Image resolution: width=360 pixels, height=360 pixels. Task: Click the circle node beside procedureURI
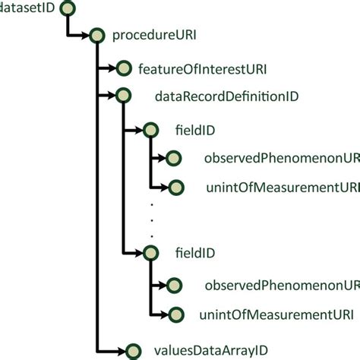tap(96, 35)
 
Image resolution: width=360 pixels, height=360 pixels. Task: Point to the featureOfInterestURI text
tap(202, 69)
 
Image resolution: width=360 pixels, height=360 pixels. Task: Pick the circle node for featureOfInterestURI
tap(122, 69)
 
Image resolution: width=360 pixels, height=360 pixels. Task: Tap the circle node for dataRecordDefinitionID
tap(122, 96)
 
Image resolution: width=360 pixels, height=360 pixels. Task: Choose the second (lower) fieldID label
tap(194, 252)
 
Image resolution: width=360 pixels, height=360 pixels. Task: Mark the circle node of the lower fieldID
tap(150, 253)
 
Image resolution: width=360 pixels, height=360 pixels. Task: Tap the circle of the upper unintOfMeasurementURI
tap(175, 187)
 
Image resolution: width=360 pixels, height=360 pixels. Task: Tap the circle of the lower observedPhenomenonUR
tap(175, 286)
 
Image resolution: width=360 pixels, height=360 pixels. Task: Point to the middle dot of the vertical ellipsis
tap(152, 219)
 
